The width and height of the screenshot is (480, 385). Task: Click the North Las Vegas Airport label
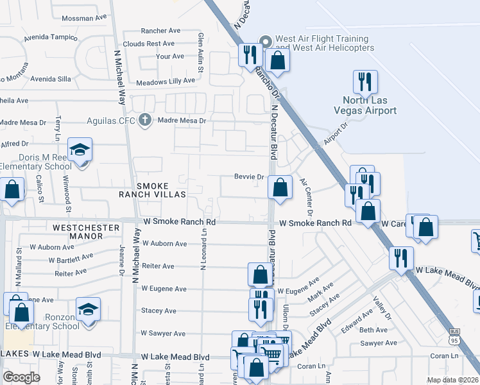[370, 105]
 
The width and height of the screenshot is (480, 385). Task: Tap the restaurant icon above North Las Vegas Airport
[365, 82]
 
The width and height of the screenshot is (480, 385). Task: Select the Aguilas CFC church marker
[146, 119]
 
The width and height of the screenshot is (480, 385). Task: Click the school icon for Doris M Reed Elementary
[80, 150]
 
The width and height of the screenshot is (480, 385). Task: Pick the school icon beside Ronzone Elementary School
[88, 310]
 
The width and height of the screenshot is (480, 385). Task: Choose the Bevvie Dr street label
[250, 176]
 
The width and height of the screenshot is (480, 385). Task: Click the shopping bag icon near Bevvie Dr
[280, 189]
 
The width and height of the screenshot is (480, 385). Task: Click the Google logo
[21, 377]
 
